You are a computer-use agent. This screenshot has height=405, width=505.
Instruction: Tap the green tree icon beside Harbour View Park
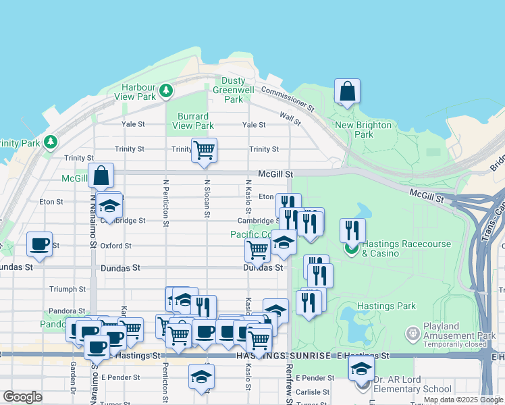point(165,90)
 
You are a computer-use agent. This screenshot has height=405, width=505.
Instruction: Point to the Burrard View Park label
point(193,121)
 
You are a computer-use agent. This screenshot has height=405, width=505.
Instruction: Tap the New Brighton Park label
point(363,130)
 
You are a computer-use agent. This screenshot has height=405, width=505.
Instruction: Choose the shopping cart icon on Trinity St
point(204,150)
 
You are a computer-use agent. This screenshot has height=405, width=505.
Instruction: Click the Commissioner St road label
point(288,99)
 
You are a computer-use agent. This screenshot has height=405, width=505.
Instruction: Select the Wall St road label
point(291,119)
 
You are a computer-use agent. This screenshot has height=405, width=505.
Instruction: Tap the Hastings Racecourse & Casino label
point(395,248)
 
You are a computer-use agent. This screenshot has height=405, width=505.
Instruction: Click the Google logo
point(22,397)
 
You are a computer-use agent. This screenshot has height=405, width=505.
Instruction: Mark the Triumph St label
point(68,289)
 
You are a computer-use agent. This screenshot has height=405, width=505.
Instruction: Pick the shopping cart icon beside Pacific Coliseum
point(257,249)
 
